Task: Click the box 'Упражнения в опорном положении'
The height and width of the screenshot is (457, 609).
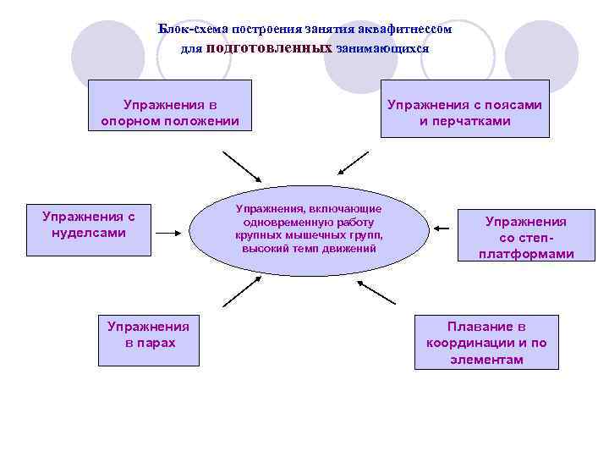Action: click(170, 105)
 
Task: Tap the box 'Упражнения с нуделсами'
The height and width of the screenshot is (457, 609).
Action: click(88, 228)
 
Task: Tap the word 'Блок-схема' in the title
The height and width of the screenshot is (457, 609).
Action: click(188, 29)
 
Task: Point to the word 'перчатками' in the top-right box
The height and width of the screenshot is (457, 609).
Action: click(464, 121)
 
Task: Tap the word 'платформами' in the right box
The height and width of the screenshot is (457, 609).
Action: click(525, 254)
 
